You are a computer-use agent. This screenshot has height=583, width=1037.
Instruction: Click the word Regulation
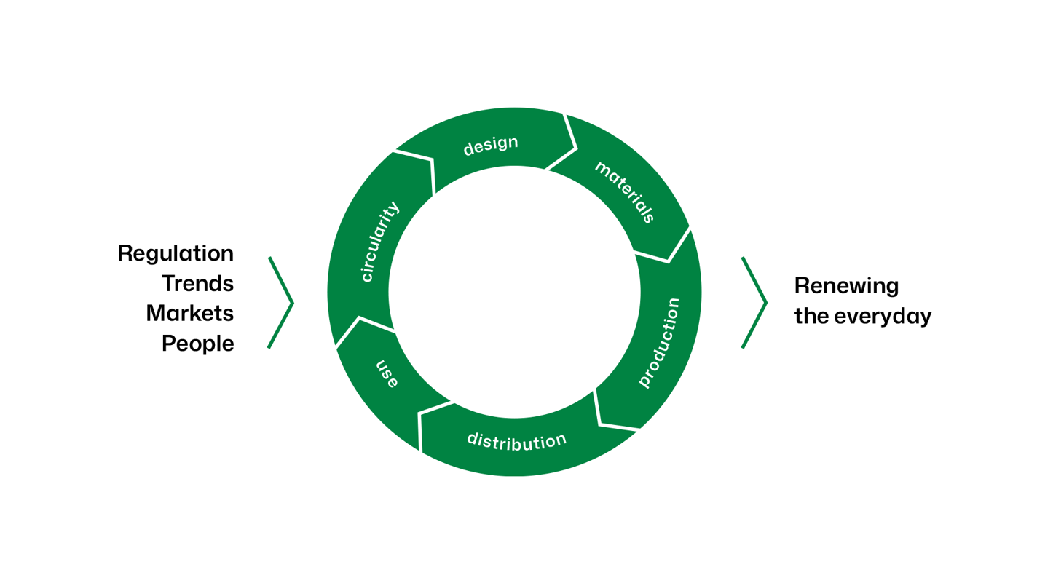point(176,254)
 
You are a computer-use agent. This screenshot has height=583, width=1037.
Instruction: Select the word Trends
point(197,283)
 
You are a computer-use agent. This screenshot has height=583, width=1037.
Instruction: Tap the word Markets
point(189,313)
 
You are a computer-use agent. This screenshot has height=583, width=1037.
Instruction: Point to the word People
point(197,343)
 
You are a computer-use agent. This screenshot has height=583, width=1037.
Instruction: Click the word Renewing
point(846,286)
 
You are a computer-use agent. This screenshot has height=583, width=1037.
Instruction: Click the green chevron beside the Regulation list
point(281,303)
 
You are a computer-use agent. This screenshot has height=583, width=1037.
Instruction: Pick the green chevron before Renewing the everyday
point(754,303)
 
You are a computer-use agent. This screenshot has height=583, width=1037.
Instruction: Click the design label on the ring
point(491,145)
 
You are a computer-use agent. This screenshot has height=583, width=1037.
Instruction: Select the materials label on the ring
point(625,191)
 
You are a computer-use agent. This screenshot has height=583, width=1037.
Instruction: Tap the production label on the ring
point(659,342)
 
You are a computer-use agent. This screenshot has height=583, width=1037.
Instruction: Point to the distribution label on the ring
point(516,441)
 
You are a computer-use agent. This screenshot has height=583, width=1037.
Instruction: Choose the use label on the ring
point(387,373)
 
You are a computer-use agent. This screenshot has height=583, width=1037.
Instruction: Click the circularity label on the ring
point(380,241)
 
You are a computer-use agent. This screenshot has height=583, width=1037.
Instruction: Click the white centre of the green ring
point(514,292)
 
